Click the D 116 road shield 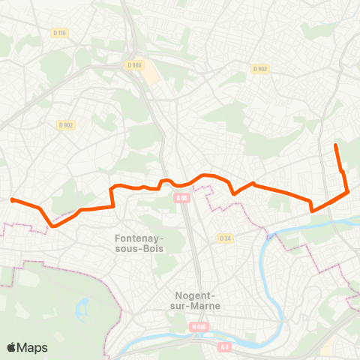(60, 32)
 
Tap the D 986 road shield (134, 65)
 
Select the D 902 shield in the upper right (259, 69)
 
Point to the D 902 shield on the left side (65, 125)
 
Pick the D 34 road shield (224, 238)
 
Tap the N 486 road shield (198, 326)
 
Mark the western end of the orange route (13, 199)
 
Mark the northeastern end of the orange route (335, 144)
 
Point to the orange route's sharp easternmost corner (348, 192)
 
